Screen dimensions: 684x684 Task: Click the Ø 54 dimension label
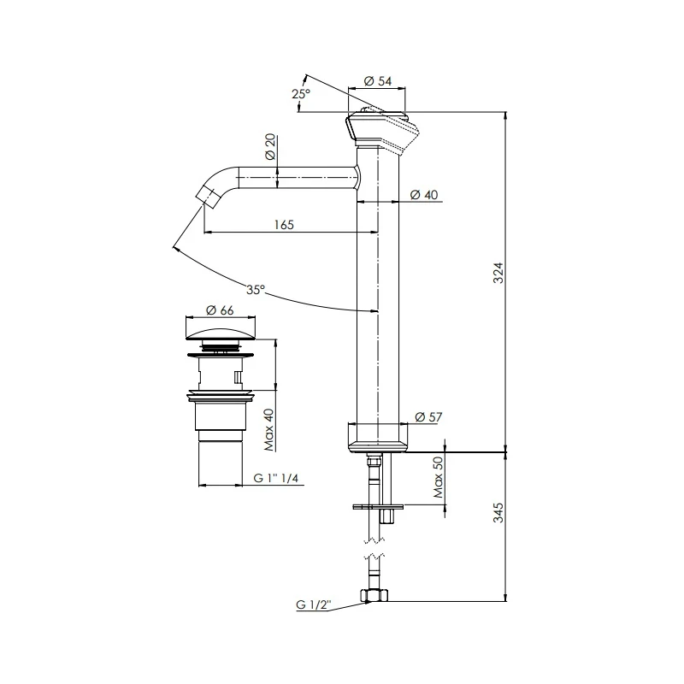[x=378, y=80]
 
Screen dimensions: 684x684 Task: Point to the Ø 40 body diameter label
[x=424, y=195]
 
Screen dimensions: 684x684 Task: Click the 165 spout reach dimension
[x=284, y=225]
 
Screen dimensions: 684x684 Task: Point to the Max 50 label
[x=438, y=480]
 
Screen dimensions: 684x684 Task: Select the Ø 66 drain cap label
[x=221, y=311]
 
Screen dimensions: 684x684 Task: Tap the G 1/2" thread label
[x=314, y=605]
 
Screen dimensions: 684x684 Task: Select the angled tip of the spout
[x=209, y=194]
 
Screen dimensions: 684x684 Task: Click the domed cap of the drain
[x=221, y=331]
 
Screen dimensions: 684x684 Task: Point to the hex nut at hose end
[x=373, y=595]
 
